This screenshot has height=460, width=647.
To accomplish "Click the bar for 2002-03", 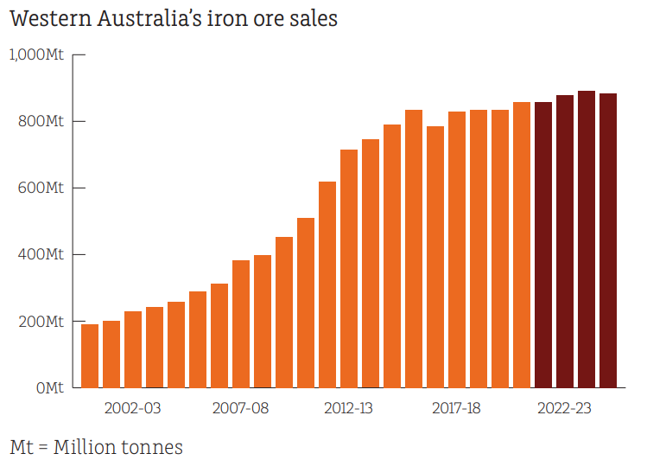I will [x=133, y=349].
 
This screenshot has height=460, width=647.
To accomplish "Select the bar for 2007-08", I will [x=241, y=324].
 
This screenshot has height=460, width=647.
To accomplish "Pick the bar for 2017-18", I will [x=457, y=250].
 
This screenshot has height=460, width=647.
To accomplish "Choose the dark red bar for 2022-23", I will [x=565, y=241].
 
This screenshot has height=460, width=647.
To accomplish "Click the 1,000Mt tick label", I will [x=35, y=54].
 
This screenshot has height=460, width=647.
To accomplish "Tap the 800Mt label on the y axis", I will [x=41, y=121].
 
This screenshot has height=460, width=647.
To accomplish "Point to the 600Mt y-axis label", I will [x=41, y=188].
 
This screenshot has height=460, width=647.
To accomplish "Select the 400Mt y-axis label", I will [x=41, y=255].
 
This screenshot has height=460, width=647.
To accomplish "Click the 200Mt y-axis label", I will [x=41, y=322].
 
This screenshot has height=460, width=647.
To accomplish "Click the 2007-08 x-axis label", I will [x=241, y=408].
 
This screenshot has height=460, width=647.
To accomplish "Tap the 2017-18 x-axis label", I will [x=457, y=408].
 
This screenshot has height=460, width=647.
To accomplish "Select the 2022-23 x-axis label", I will [x=565, y=408].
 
